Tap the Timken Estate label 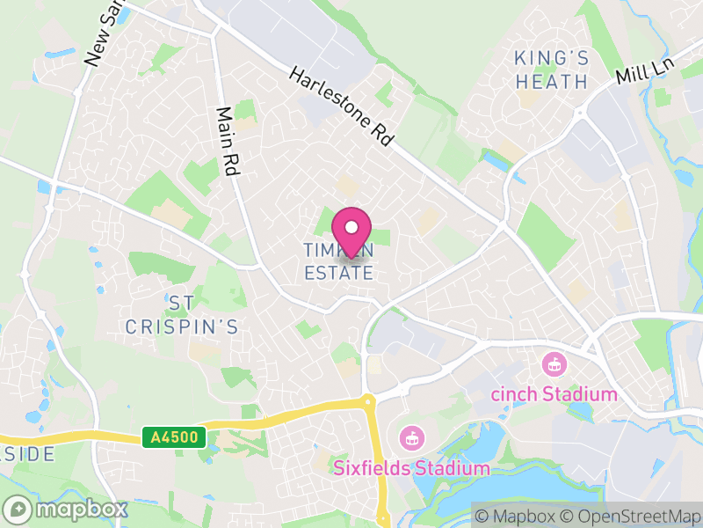click(339, 261)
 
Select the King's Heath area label click(551, 70)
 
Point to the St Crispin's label click(181, 314)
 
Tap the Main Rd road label click(228, 142)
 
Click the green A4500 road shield click(173, 436)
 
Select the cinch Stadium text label click(554, 393)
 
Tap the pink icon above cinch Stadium click(554, 362)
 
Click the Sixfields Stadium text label click(411, 468)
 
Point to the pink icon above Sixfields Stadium click(410, 436)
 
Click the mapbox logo click(66, 509)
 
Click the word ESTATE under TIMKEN click(339, 273)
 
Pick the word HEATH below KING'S click(551, 82)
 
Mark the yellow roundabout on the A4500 click(368, 403)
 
